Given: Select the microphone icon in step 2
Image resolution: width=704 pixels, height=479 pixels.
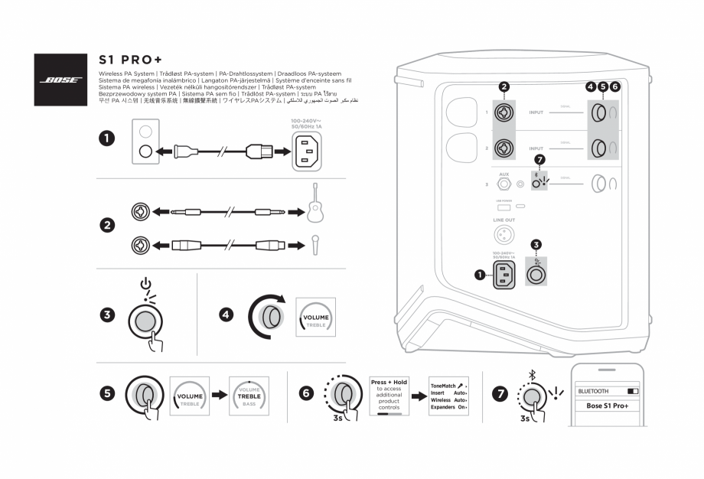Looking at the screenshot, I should click(315, 245).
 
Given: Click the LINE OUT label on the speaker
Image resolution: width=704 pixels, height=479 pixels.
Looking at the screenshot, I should click(504, 220).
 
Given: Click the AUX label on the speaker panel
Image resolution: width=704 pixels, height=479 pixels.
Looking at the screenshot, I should click(504, 174).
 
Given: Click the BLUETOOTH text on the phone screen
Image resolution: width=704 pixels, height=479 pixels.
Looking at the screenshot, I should click(594, 390).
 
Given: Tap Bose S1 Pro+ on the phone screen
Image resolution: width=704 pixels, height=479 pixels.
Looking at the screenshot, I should click(607, 406).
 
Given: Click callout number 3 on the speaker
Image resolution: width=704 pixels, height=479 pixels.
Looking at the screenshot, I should click(536, 245).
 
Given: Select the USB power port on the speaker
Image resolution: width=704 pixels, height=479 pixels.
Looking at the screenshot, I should click(504, 207).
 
